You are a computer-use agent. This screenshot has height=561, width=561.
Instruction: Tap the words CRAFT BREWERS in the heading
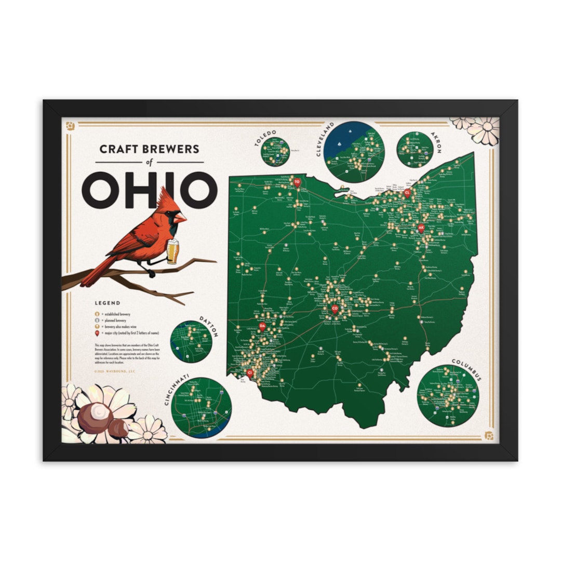tap(149, 149)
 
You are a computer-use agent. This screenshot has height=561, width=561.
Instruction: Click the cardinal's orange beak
tap(180, 218)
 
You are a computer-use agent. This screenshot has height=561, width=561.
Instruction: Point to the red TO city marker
tap(297, 182)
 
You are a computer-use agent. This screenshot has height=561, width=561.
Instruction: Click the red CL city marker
tap(407, 193)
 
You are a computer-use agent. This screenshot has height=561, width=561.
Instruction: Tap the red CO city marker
tap(335, 309)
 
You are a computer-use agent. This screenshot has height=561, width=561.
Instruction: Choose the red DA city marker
tap(262, 326)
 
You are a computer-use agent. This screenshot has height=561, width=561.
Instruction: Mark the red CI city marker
tap(250, 372)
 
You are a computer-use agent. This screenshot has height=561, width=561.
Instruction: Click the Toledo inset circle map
tap(275, 152)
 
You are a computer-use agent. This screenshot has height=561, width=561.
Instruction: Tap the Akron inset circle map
tap(415, 149)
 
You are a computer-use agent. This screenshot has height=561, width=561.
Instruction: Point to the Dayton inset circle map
tap(192, 341)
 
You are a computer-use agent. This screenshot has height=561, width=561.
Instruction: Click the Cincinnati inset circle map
tap(202, 407)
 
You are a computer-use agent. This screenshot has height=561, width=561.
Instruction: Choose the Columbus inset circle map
tap(448, 395)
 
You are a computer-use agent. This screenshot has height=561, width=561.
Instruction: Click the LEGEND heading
tap(108, 303)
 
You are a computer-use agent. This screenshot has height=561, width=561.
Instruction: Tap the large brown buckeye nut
tap(95, 416)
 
